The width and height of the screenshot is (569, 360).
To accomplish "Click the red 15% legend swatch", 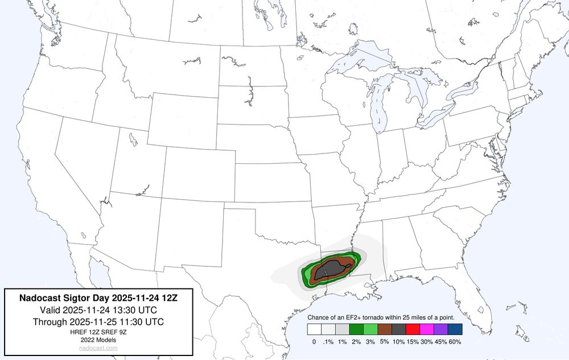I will [413, 329].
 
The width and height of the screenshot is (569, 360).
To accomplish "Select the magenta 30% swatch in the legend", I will [427, 329].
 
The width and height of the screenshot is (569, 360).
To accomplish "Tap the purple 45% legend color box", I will [441, 329].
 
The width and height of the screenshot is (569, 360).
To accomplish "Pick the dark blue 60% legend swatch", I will [455, 329].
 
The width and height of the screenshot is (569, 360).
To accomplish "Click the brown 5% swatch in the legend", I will [385, 329].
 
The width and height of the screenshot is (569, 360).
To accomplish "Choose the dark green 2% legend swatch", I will [356, 329].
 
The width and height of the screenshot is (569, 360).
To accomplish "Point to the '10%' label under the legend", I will [399, 342].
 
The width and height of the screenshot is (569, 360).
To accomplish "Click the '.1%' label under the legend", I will [328, 342].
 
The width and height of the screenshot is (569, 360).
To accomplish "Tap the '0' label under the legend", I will [314, 342].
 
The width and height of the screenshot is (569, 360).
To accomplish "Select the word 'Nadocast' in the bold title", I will [38, 297].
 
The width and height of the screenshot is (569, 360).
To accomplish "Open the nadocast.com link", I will [98, 347].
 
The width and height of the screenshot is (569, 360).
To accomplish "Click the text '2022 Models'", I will [98, 340].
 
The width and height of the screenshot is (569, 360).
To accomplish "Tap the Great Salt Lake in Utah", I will [132, 138].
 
